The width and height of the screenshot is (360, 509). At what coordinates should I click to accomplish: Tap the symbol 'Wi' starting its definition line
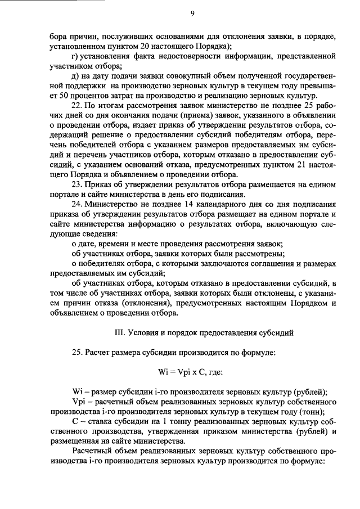[x=78, y=393]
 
